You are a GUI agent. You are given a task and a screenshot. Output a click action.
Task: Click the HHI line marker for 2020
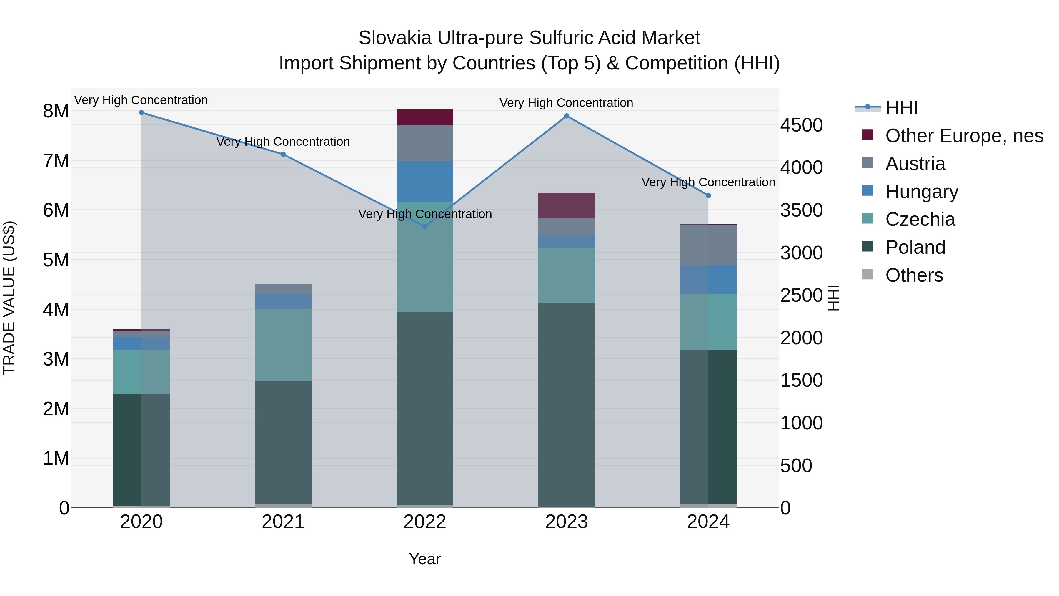pyautogui.click(x=141, y=113)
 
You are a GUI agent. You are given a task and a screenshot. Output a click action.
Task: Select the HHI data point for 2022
pyautogui.click(x=425, y=227)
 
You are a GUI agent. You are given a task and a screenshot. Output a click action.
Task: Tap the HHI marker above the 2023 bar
pyautogui.click(x=567, y=116)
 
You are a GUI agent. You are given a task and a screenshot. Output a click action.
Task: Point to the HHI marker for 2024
pyautogui.click(x=708, y=195)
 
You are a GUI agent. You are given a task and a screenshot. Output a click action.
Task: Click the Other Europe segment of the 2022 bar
pyautogui.click(x=425, y=117)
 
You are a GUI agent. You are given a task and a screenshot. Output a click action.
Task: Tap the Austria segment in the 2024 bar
pyautogui.click(x=708, y=245)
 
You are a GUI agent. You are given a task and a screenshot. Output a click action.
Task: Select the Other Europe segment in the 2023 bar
pyautogui.click(x=567, y=205)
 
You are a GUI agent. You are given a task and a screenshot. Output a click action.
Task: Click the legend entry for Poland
pyautogui.click(x=915, y=247)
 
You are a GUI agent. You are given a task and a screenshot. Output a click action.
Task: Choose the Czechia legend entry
pyautogui.click(x=920, y=219)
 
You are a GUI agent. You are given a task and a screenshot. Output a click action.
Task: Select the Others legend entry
pyautogui.click(x=914, y=275)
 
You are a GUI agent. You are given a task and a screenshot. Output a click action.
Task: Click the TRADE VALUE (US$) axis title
pyautogui.click(x=9, y=298)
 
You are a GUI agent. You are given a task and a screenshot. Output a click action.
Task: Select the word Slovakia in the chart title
pyautogui.click(x=395, y=38)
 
